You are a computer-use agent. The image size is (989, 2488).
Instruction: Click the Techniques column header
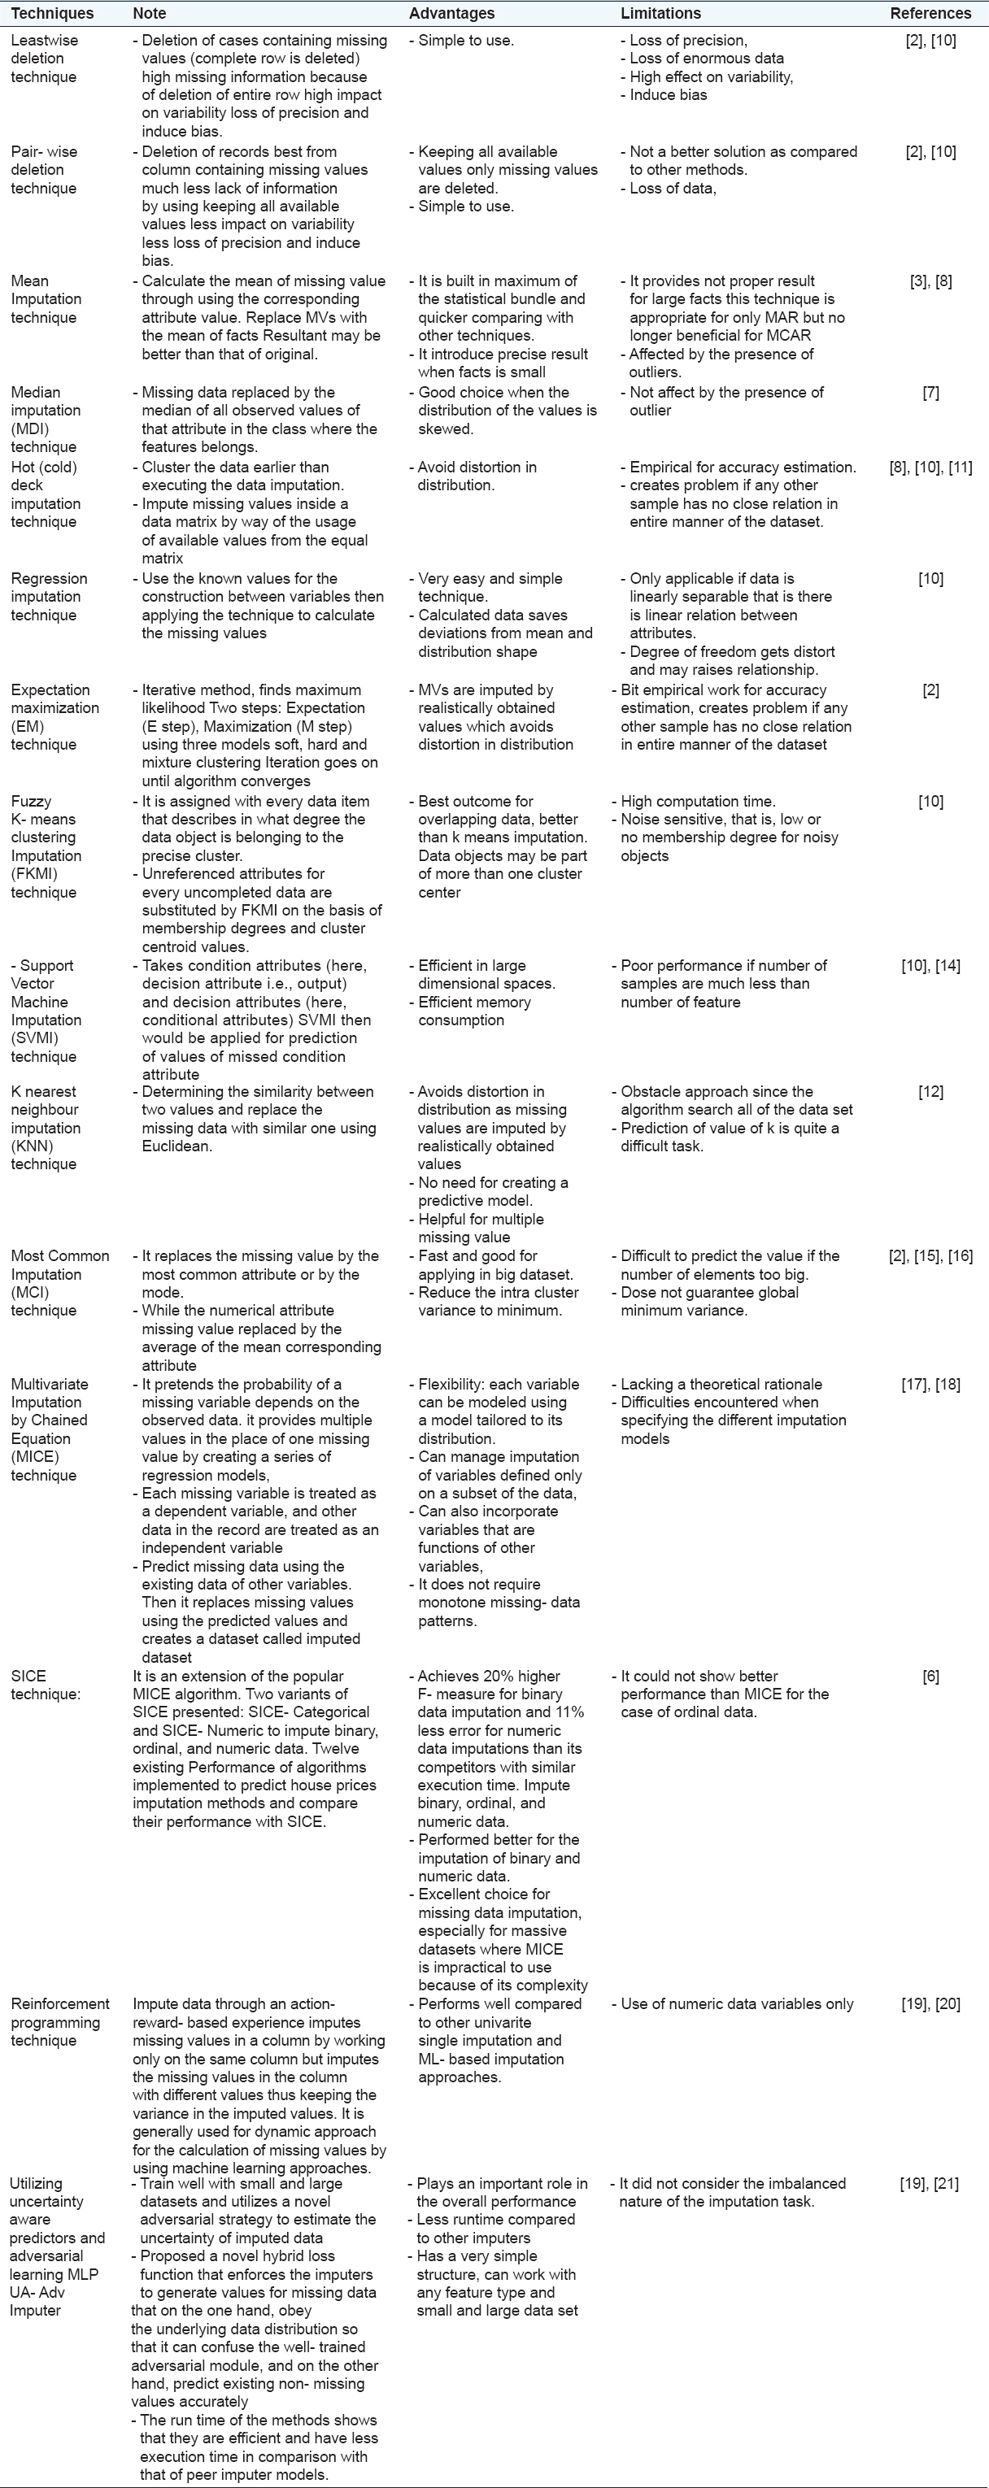click(x=52, y=14)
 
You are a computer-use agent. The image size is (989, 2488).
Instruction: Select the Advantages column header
click(x=451, y=14)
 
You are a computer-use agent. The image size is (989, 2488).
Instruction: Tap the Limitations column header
click(x=660, y=14)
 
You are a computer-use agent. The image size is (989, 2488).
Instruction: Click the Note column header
click(x=150, y=14)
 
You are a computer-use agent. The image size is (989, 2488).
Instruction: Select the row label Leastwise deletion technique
click(x=45, y=59)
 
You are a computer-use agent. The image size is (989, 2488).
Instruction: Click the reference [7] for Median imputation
click(x=930, y=393)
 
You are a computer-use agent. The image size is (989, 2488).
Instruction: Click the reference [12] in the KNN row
click(x=930, y=1093)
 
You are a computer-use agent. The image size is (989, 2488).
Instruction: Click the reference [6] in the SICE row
click(x=930, y=1677)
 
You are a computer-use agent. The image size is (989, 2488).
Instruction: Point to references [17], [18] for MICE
click(x=930, y=1385)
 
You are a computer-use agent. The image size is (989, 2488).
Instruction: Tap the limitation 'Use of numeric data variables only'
click(x=737, y=2004)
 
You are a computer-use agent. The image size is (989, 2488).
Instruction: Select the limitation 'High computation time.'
click(x=697, y=802)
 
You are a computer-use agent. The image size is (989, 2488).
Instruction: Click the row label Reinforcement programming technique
click(x=60, y=2022)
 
